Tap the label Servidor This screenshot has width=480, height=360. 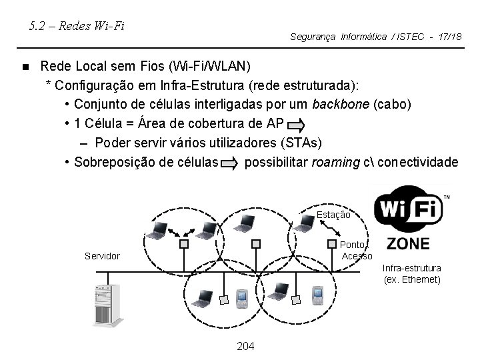102,256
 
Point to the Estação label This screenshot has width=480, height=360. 333,215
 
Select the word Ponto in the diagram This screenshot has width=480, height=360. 353,245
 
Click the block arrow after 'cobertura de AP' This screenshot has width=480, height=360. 297,124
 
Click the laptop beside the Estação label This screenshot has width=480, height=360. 305,226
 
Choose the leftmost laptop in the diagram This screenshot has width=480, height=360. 159,231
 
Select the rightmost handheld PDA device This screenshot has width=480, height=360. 317,293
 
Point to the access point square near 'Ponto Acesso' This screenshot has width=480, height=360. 331,243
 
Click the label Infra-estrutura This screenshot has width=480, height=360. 411,268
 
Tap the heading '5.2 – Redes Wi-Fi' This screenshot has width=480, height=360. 78,27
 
